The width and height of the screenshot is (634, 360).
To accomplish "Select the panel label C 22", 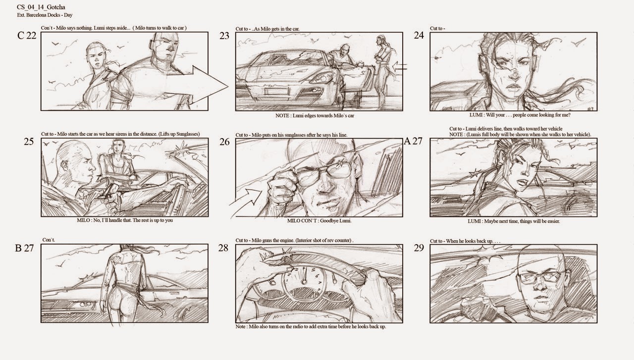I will [27, 36].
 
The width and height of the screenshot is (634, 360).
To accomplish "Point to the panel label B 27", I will [25, 249].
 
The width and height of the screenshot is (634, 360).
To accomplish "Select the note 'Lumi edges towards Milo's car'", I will [315, 115].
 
